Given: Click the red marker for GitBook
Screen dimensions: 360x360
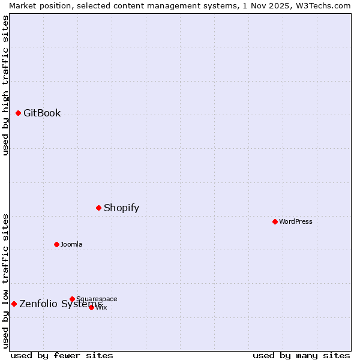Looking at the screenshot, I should [x=18, y=113].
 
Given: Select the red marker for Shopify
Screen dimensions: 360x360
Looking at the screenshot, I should [x=98, y=208].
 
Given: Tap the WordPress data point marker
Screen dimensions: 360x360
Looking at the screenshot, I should [x=275, y=221].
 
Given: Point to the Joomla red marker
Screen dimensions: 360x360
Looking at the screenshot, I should [x=56, y=244].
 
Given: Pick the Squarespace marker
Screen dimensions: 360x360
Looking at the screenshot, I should [x=72, y=299].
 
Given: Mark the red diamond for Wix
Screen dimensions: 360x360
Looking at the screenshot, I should [x=91, y=307].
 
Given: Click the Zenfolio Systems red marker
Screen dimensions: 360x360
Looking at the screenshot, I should [x=14, y=304].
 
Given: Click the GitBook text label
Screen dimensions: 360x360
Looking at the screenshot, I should [x=42, y=113].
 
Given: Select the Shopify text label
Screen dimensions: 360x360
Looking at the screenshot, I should [x=121, y=208].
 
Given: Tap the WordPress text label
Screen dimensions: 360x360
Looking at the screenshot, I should [x=295, y=221].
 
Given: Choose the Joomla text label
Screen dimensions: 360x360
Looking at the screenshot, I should [x=71, y=244].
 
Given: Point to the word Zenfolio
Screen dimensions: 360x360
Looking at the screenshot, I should [x=38, y=304].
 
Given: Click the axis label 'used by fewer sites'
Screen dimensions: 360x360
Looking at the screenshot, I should [x=62, y=356].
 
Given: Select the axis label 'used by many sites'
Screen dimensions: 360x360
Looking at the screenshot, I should [x=301, y=356].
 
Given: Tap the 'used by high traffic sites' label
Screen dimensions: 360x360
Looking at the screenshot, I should [x=6, y=85].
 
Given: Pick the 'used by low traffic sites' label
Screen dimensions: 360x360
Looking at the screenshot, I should [x=6, y=280].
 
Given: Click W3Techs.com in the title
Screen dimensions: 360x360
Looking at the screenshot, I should [x=322, y=5].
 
